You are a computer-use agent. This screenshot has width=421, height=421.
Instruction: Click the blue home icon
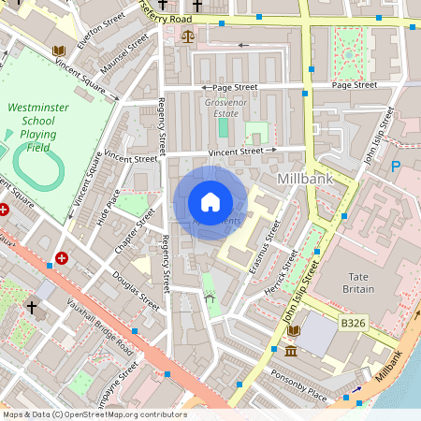[x=210, y=202]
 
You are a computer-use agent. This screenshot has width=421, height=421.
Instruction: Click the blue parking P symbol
[x=396, y=166]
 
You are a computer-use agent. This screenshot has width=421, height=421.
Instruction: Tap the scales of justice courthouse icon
[x=188, y=38]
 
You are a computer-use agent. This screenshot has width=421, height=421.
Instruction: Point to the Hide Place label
[x=109, y=207]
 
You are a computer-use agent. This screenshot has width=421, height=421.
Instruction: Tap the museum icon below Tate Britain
[x=291, y=351]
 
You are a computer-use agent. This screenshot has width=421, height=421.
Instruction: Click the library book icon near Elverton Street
[x=59, y=50]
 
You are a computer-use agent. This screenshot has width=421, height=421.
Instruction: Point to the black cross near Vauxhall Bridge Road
[x=31, y=306]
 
